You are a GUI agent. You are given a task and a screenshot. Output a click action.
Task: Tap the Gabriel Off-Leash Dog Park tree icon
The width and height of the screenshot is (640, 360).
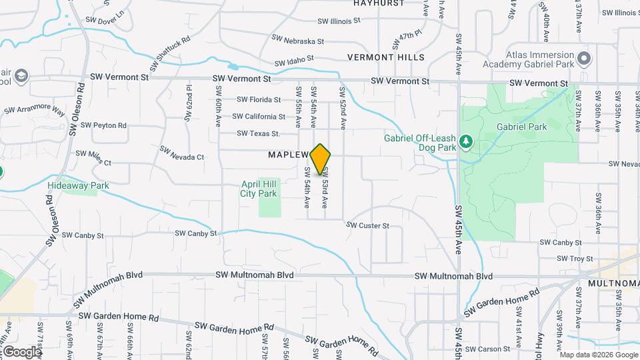466,141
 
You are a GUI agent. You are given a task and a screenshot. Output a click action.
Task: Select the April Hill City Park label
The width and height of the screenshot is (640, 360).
258,189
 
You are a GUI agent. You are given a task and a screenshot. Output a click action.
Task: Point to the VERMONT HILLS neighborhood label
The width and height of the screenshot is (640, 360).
385,57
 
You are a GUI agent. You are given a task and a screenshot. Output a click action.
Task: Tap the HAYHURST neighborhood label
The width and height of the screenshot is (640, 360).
379,3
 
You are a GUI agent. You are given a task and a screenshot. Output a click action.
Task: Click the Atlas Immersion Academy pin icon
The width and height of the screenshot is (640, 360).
584,59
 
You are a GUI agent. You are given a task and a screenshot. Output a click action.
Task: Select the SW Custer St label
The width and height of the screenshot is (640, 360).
367,226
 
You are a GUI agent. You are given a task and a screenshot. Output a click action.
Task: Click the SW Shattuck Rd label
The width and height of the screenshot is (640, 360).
170,53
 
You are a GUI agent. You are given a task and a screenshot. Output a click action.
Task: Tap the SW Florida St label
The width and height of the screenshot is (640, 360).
259,100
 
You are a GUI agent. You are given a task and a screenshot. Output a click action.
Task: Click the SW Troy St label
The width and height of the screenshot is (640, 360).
575,259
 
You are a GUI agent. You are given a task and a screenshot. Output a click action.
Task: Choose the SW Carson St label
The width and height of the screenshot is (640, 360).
493,349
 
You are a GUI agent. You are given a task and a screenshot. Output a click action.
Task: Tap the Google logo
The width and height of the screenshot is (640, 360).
22,351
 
